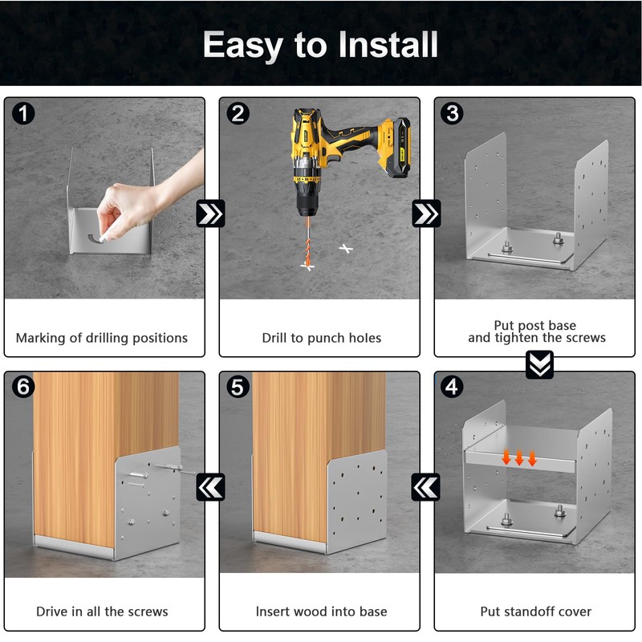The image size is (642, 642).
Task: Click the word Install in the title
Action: (x=388, y=45)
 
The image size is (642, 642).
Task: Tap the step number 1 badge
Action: (x=23, y=113)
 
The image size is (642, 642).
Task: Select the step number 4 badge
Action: (x=452, y=387)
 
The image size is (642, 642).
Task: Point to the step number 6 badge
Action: (x=23, y=387)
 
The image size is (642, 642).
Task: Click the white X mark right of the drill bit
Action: (x=346, y=249)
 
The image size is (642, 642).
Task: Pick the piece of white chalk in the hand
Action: (x=104, y=236)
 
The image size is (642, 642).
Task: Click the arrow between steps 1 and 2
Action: (x=210, y=213)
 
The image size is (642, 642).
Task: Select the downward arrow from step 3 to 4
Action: (x=539, y=364)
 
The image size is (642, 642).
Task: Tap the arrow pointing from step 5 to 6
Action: (x=210, y=487)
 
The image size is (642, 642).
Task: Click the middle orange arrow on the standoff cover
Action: (x=519, y=457)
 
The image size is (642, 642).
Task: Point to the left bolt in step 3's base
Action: (x=507, y=246)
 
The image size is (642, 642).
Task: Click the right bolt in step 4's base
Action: (x=560, y=511)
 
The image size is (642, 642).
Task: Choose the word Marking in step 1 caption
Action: (x=41, y=338)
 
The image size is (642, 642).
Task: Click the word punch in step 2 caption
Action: (x=324, y=338)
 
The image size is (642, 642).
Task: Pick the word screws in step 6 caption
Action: (x=148, y=612)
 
